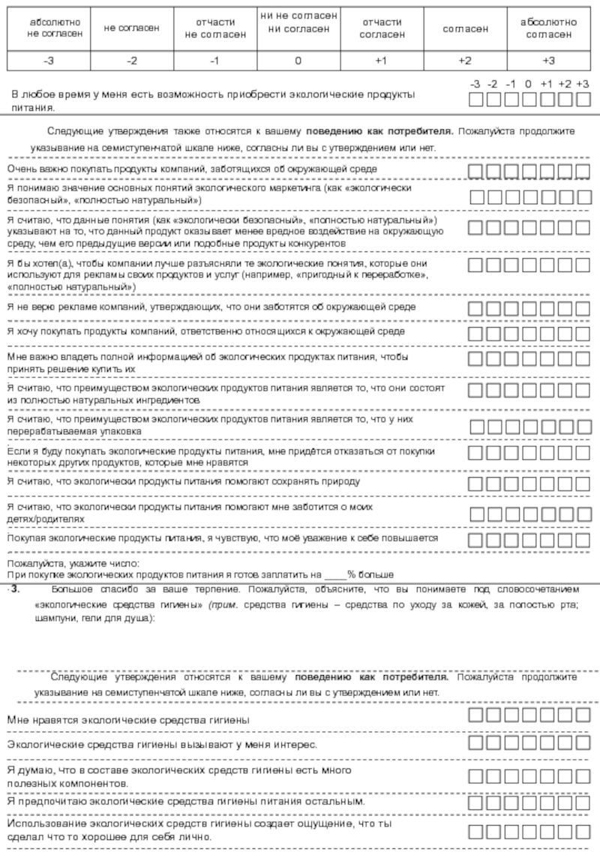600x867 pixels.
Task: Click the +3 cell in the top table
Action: (x=548, y=61)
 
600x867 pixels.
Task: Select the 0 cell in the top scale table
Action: (x=298, y=61)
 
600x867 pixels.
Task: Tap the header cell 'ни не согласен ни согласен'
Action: (x=298, y=22)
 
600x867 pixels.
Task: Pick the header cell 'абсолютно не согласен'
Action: (x=49, y=28)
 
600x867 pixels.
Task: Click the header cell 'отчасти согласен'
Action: (x=382, y=28)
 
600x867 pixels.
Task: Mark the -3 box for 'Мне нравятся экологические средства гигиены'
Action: (x=475, y=714)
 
